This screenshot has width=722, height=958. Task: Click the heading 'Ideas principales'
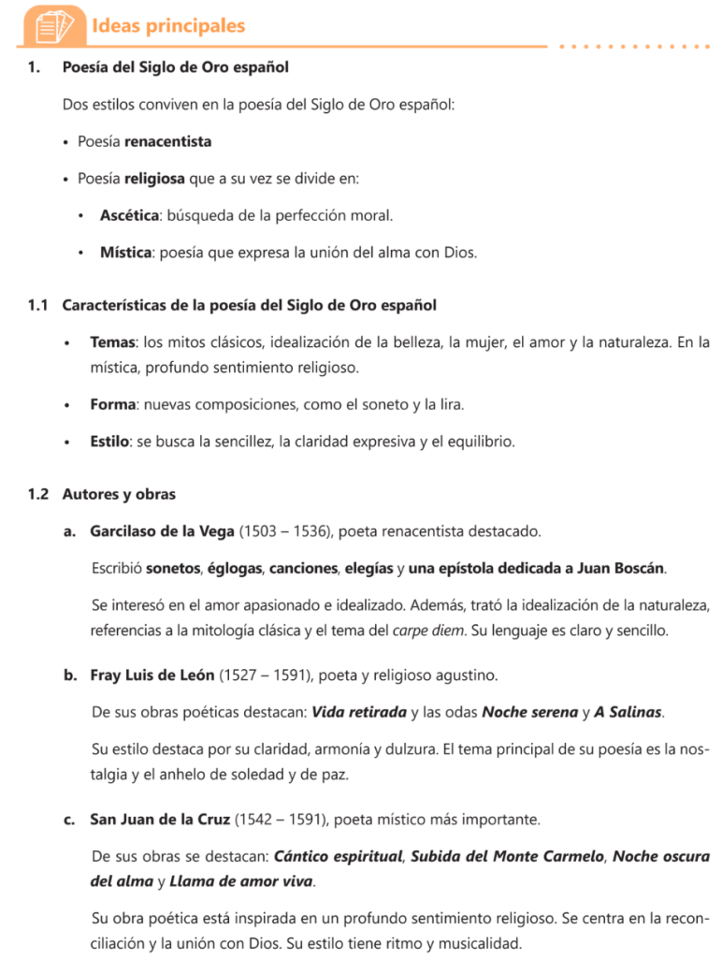[167, 25]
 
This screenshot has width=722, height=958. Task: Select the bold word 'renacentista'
[167, 141]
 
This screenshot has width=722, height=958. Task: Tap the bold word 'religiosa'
[154, 178]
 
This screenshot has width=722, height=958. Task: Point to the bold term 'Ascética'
[128, 215]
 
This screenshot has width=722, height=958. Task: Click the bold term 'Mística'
[125, 253]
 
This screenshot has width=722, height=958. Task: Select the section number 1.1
[37, 306]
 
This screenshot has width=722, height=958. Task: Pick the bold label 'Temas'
[112, 343]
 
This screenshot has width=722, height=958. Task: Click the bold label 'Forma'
[112, 404]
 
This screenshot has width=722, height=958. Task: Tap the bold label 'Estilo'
[109, 441]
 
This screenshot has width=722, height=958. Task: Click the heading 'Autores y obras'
[119, 494]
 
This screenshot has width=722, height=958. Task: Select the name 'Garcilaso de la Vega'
[163, 531]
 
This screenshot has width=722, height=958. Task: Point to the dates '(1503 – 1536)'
[284, 531]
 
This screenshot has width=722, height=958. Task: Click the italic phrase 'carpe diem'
[428, 631]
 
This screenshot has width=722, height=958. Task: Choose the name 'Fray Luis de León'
[152, 675]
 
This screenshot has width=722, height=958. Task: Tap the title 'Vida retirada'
[359, 712]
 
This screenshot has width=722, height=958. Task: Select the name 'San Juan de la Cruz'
[160, 820]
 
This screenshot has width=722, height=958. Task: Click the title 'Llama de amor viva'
[242, 881]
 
